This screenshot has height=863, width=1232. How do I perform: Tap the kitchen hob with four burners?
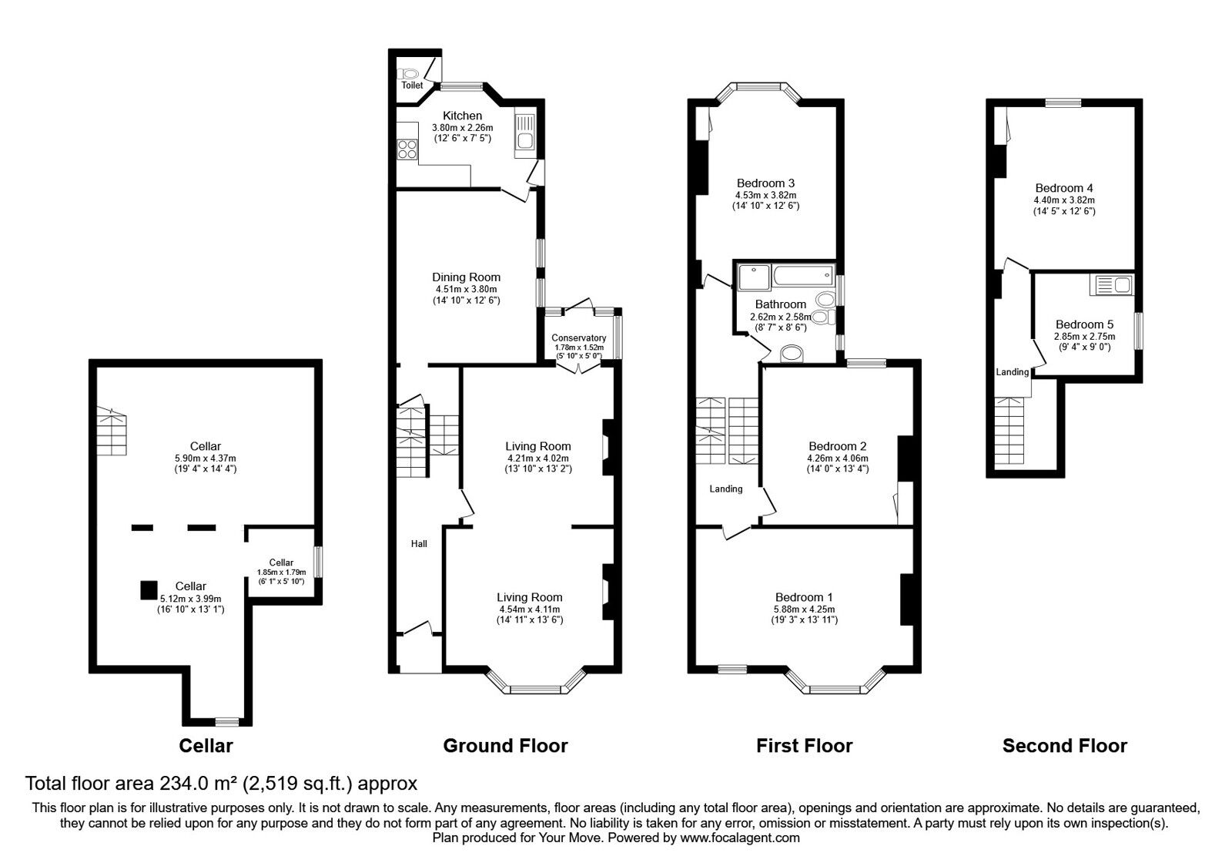click(x=407, y=149)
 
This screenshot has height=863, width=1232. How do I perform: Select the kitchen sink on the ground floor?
click(x=527, y=135)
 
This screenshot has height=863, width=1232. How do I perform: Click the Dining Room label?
click(x=466, y=277)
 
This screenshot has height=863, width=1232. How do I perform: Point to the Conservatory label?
click(x=579, y=337)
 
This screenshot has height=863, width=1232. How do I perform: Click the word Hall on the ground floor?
click(x=419, y=544)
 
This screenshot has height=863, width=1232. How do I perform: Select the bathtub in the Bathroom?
click(x=803, y=274)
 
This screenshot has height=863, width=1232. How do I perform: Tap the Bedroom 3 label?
click(x=765, y=183)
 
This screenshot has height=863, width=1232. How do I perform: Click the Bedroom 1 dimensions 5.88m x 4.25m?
click(x=804, y=609)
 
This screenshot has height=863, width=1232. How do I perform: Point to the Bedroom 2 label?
click(x=838, y=446)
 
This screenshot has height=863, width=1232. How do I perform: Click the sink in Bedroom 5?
click(x=1111, y=286)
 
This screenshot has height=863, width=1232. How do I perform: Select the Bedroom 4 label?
click(x=1064, y=188)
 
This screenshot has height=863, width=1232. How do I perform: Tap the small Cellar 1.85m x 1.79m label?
click(x=281, y=571)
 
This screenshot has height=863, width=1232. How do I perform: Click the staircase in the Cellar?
click(x=112, y=433)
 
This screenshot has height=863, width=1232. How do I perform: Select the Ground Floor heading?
click(x=505, y=746)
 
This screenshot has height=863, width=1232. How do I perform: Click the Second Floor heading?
click(x=1064, y=746)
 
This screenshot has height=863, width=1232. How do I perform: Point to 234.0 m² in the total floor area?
click(x=199, y=784)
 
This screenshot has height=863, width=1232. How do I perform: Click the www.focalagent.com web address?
click(x=740, y=838)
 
